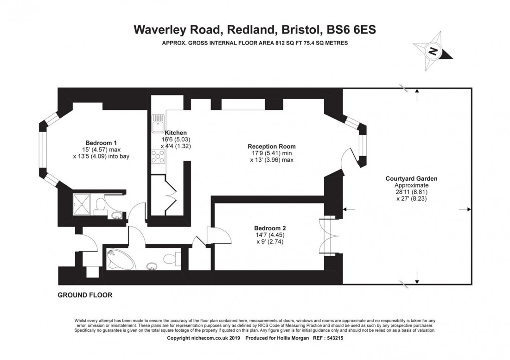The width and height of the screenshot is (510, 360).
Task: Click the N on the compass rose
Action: click(x=433, y=51)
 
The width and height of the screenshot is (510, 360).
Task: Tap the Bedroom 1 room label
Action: click(x=101, y=143)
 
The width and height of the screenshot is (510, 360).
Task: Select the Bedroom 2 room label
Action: click(x=270, y=228)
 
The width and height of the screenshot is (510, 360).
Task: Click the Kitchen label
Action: click(x=176, y=133)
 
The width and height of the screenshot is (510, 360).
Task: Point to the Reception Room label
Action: click(x=272, y=146)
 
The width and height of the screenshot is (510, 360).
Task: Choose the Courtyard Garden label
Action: click(x=411, y=178)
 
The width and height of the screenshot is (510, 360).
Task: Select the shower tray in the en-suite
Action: click(x=81, y=204)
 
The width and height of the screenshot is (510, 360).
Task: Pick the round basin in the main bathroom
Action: click(x=151, y=266)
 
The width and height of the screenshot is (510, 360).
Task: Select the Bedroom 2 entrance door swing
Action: click(x=219, y=235)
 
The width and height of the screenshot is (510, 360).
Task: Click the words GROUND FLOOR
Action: click(x=85, y=295)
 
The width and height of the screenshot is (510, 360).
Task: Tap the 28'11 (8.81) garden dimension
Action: click(x=411, y=192)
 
